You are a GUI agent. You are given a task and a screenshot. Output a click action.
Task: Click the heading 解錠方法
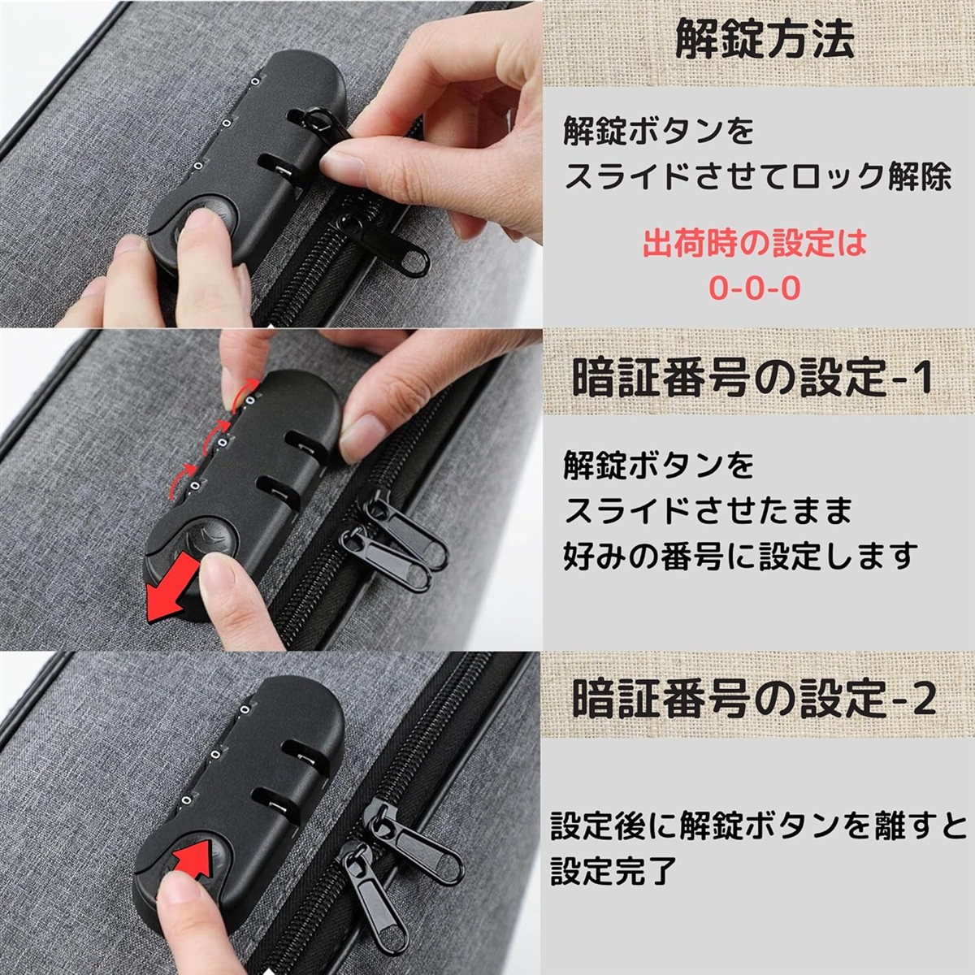(765, 38)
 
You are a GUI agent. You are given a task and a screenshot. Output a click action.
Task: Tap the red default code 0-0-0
(754, 288)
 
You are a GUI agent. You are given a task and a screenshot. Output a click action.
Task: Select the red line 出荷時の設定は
(754, 244)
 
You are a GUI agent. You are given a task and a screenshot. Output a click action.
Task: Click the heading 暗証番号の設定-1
(752, 378)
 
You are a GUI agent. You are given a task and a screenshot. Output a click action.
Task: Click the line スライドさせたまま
(708, 511)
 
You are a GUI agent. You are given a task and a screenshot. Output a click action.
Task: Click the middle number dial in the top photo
(227, 123)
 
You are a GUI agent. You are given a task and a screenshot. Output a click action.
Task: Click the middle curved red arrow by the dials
(214, 436)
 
